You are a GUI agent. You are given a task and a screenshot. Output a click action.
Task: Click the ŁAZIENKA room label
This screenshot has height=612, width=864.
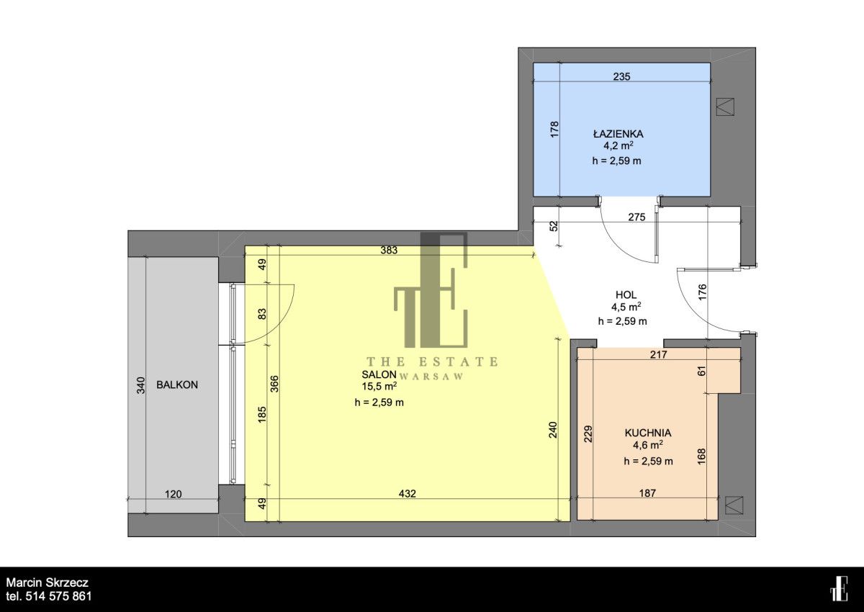(x=618, y=133)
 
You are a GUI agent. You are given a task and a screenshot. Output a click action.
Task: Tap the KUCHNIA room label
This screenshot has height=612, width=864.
(x=648, y=433)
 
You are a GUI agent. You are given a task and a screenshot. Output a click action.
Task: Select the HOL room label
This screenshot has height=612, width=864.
(x=626, y=294)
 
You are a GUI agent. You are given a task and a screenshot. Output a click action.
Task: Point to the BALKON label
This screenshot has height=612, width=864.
(x=177, y=384)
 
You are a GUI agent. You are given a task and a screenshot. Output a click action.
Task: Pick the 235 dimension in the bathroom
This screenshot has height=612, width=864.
(x=622, y=76)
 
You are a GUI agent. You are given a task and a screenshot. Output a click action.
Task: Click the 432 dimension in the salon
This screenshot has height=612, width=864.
(x=408, y=493)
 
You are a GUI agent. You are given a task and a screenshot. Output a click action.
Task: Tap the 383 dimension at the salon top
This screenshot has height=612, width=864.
(x=389, y=250)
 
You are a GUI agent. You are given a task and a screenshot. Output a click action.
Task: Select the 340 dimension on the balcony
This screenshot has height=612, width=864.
(x=141, y=385)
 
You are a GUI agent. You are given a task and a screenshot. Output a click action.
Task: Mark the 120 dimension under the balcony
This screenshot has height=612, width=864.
(x=174, y=494)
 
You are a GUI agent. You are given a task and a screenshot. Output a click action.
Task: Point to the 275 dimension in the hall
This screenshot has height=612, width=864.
(x=636, y=217)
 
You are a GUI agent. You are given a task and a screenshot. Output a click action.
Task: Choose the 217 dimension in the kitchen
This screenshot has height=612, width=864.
(x=658, y=354)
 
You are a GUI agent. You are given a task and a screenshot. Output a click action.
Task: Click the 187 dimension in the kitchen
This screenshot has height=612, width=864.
(x=647, y=492)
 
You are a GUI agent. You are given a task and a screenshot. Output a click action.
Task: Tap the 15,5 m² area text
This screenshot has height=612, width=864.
(x=379, y=386)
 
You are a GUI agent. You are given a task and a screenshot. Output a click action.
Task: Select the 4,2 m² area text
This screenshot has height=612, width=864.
(x=618, y=145)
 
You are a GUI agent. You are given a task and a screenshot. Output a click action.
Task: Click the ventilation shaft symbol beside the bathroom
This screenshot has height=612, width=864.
(x=725, y=107)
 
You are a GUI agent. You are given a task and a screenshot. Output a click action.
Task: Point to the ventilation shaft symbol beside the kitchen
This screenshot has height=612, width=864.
(x=734, y=505)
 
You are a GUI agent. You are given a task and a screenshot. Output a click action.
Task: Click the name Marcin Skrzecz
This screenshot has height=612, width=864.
(x=47, y=582)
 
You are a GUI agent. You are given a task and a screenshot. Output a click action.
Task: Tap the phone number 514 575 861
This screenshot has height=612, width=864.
(x=58, y=597)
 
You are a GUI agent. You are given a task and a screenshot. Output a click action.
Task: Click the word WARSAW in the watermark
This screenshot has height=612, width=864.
(x=431, y=377)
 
